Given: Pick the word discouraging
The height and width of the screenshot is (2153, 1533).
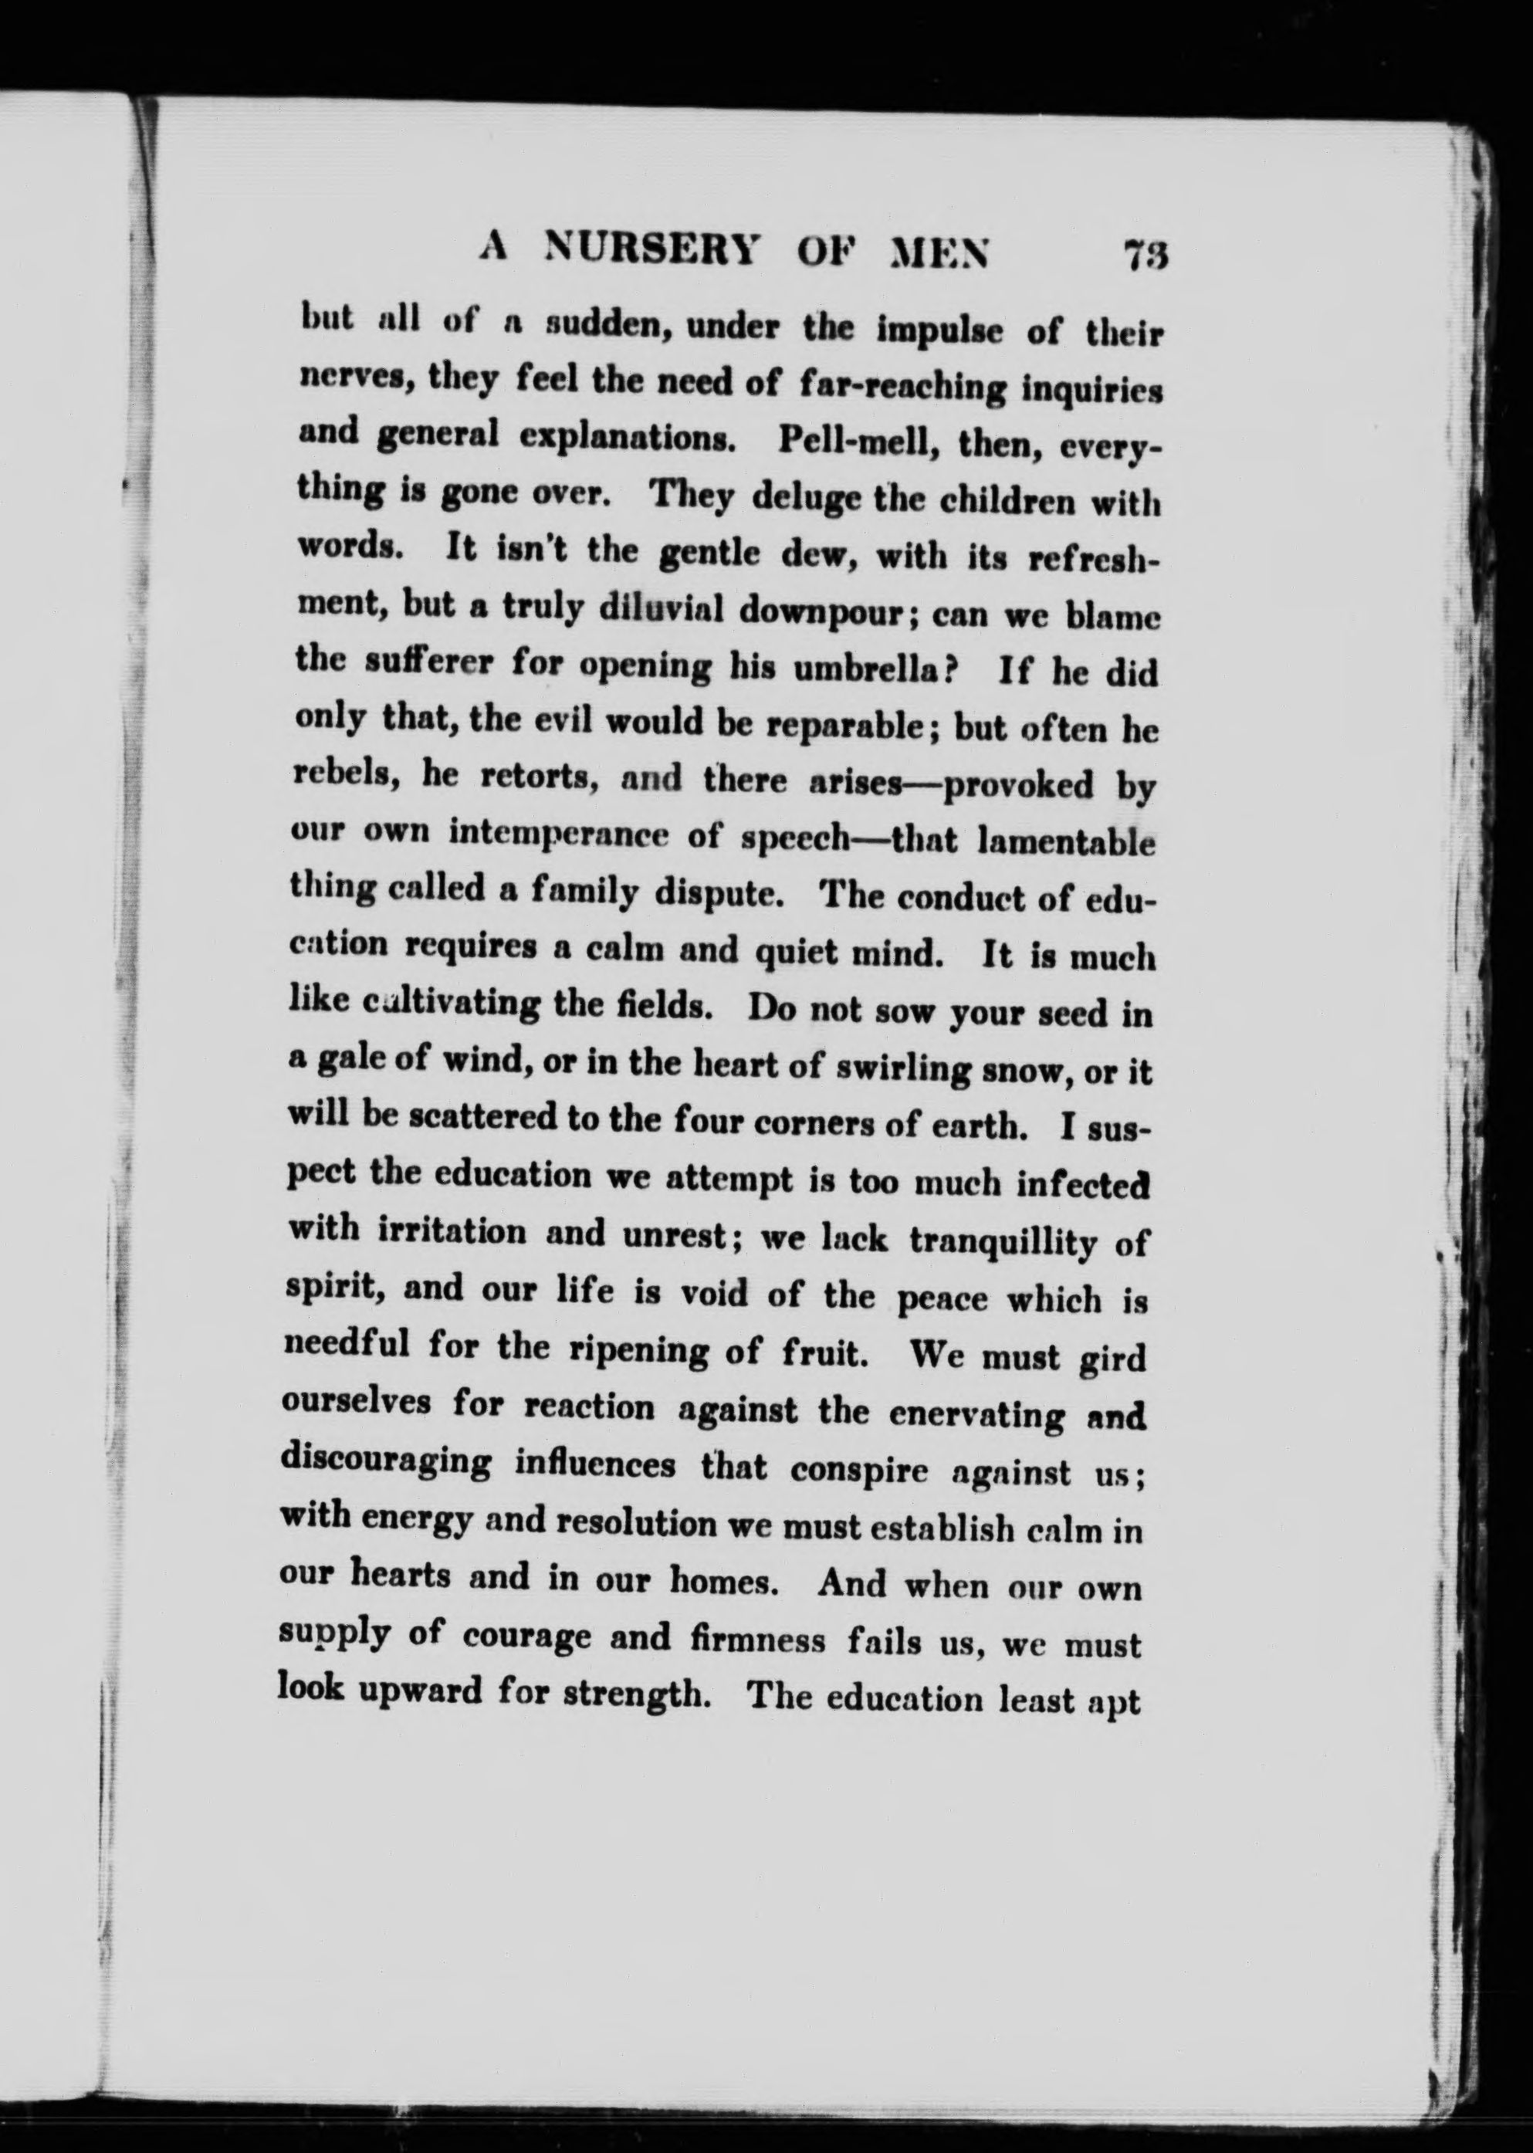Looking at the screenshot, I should pos(386,1462).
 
